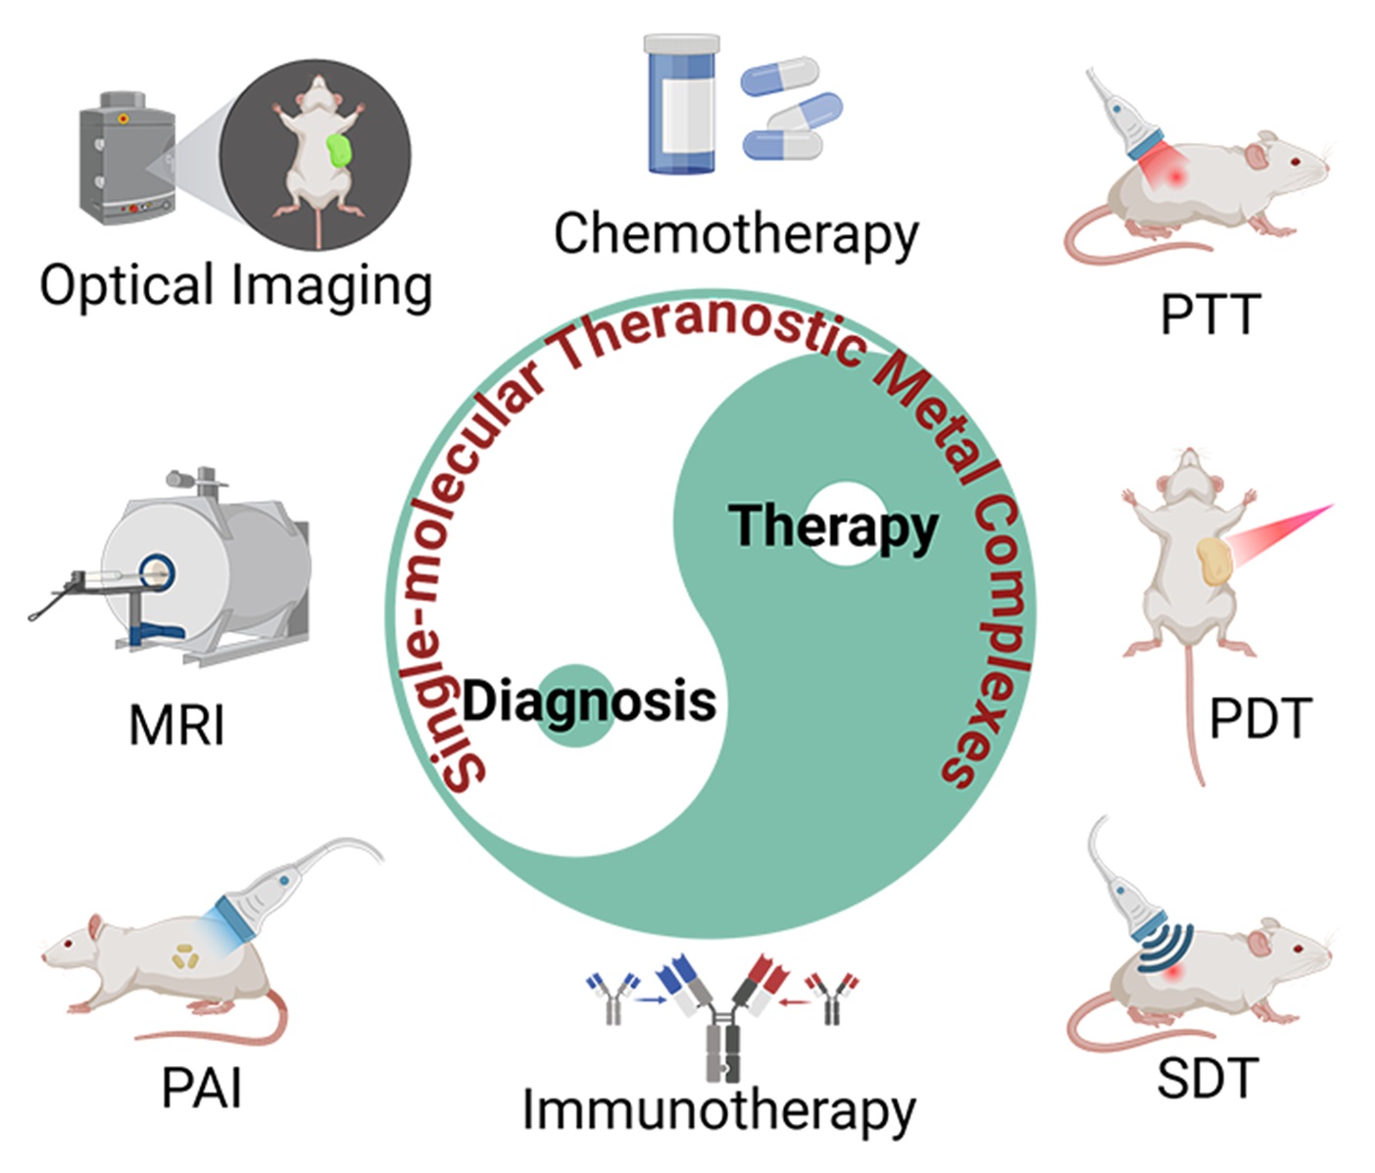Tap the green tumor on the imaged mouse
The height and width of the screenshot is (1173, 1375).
pos(340,151)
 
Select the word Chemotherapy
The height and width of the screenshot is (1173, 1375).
pos(736,235)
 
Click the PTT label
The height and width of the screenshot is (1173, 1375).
pos(1208,316)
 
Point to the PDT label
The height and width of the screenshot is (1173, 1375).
pos(1259,719)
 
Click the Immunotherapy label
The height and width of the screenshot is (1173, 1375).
pos(718,1111)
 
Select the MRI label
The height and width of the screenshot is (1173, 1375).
pos(177,726)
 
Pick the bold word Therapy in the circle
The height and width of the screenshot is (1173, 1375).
pos(833,526)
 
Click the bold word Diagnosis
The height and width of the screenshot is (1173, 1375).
pos(589,702)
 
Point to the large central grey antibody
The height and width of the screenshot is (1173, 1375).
pos(723,1039)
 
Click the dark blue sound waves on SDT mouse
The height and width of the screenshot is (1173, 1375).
pos(1167,945)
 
